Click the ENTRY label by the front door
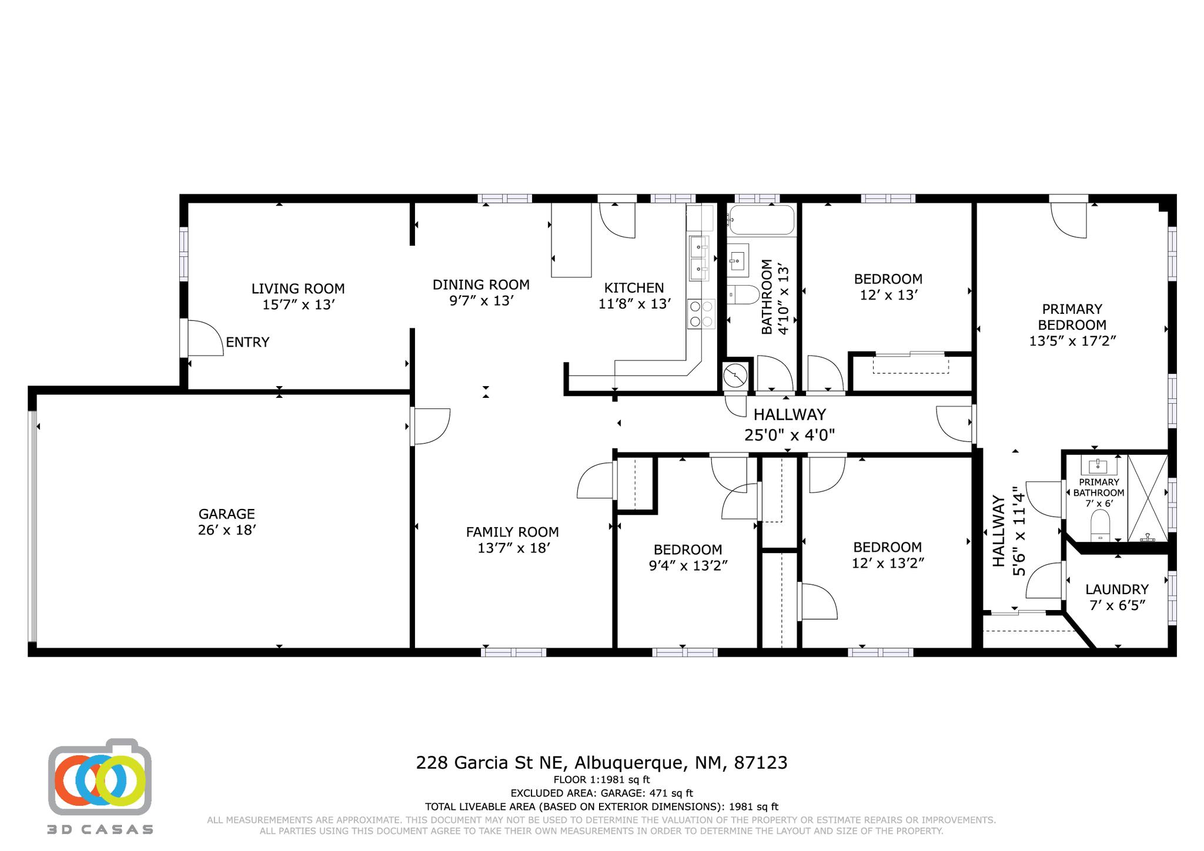pyautogui.click(x=248, y=342)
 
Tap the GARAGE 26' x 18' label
pyautogui.click(x=227, y=522)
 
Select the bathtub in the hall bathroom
pyautogui.click(x=761, y=220)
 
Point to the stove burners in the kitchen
pyautogui.click(x=701, y=314)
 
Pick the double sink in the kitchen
pyautogui.click(x=699, y=258)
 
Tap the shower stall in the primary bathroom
pyautogui.click(x=1147, y=497)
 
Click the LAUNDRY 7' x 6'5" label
pyautogui.click(x=1117, y=597)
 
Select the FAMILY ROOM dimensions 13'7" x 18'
pyautogui.click(x=514, y=548)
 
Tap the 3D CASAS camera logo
pyautogui.click(x=99, y=778)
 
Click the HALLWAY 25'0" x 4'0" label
pyautogui.click(x=790, y=424)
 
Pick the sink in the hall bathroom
pyautogui.click(x=738, y=260)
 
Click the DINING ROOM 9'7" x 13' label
pyautogui.click(x=481, y=293)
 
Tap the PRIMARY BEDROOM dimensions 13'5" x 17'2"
pyautogui.click(x=1072, y=341)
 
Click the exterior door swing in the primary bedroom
pyautogui.click(x=1069, y=220)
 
